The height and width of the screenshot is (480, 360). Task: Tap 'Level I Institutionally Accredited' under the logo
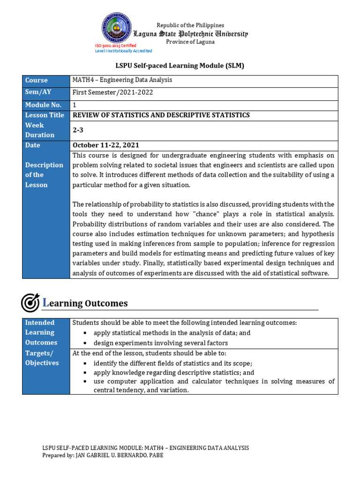pyautogui.click(x=124, y=51)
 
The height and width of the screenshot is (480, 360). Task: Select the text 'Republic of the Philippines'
pyautogui.click(x=190, y=25)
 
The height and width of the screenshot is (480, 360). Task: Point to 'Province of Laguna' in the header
pyautogui.click(x=190, y=42)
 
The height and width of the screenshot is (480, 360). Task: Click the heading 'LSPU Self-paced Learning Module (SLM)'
pyautogui.click(x=180, y=66)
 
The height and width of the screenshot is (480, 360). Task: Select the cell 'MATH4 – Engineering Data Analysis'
pyautogui.click(x=122, y=80)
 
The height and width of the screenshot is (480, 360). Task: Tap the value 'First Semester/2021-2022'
pyautogui.click(x=112, y=92)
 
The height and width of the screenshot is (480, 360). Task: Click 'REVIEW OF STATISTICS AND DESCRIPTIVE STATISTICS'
pyautogui.click(x=161, y=115)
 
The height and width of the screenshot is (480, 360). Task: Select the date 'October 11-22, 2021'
pyautogui.click(x=105, y=145)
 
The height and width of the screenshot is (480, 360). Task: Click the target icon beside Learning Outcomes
pyautogui.click(x=30, y=303)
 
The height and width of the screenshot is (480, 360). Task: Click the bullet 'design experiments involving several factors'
pyautogui.click(x=161, y=343)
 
